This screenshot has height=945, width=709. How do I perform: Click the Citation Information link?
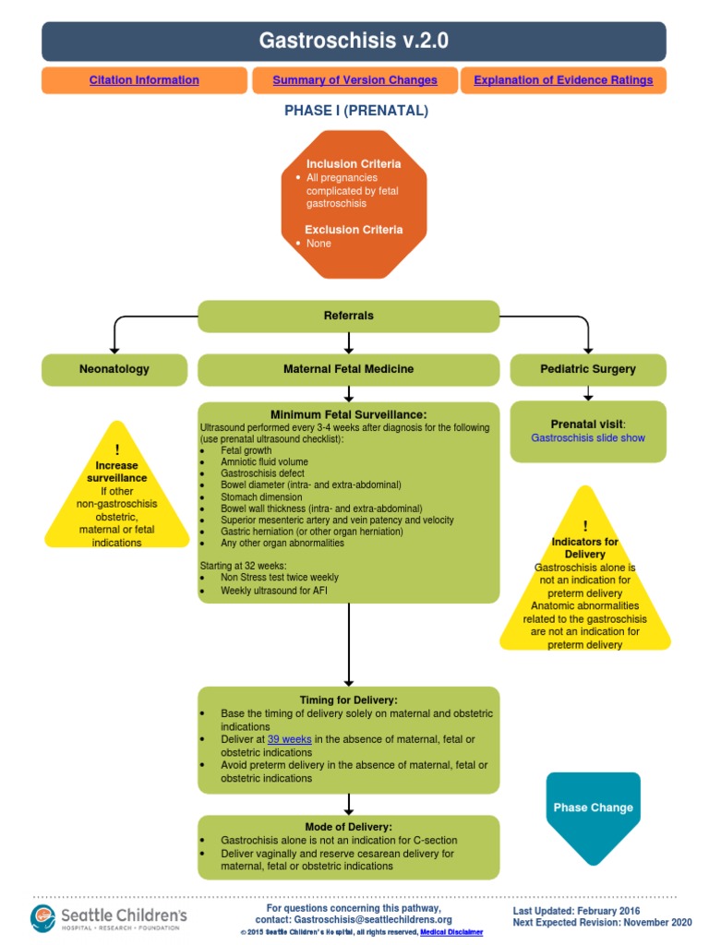point(144,80)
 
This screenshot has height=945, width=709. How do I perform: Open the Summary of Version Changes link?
point(354,80)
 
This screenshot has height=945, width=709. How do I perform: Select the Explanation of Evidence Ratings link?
point(563,80)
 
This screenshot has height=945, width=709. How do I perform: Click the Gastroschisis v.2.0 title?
point(354,42)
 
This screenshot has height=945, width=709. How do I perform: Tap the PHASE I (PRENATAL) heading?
point(355,111)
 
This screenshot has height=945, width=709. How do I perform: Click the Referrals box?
point(349,316)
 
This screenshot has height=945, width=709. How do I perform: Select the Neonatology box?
point(114,369)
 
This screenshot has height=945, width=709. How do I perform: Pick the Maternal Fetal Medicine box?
point(349,369)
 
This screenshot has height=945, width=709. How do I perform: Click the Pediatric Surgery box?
point(588,369)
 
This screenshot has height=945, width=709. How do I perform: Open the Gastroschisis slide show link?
point(588,438)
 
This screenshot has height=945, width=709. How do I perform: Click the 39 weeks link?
point(289,739)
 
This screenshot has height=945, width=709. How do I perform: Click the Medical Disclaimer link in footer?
point(451,932)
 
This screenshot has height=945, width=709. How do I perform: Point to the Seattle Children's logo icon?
point(43,917)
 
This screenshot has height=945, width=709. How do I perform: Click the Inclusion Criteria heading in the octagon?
point(354,163)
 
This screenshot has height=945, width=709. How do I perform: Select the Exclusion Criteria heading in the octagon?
point(354,229)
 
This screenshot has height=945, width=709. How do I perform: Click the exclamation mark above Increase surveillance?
point(117,450)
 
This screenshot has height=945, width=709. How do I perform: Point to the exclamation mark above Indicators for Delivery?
point(584,526)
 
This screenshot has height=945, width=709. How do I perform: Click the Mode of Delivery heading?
point(349,827)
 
